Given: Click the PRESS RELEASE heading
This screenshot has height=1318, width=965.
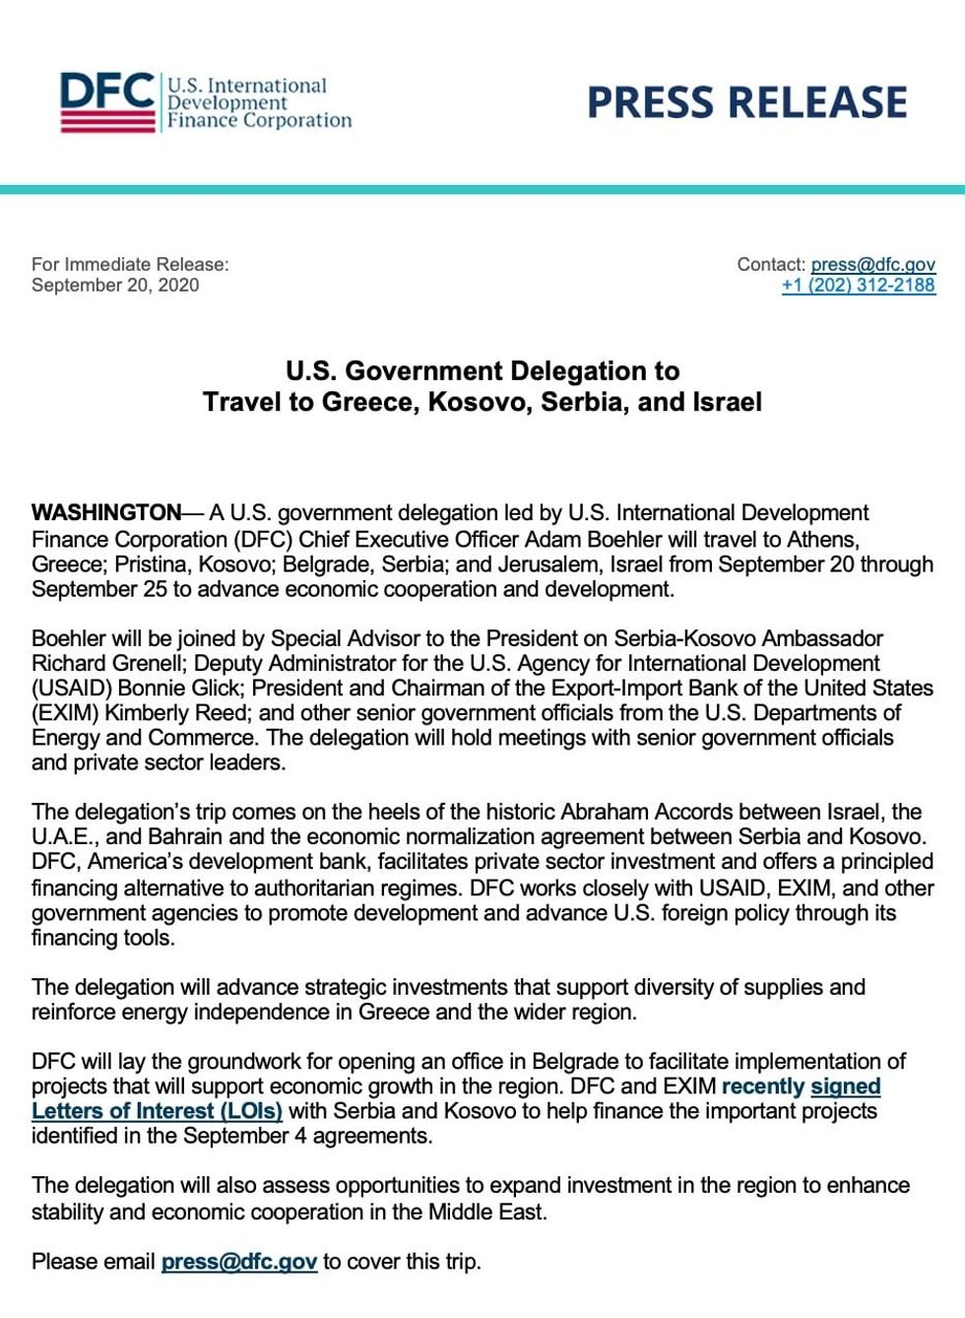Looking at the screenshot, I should (x=746, y=102).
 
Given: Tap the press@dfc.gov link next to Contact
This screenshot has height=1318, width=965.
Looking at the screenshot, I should (x=872, y=264).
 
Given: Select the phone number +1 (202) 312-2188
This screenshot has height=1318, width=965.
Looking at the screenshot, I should (x=858, y=285).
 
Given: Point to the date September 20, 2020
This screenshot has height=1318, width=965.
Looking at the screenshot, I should (x=115, y=285).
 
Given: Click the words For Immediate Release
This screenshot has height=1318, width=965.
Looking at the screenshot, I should (x=129, y=264).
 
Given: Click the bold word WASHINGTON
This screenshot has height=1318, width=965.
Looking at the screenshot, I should (x=106, y=512).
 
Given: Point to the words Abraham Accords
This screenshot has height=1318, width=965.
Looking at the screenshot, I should (x=645, y=812).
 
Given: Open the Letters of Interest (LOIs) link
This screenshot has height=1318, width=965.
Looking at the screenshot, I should (x=157, y=1111).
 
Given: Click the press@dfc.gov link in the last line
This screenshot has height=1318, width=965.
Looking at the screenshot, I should (x=238, y=1261).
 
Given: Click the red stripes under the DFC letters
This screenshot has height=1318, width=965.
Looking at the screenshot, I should (x=106, y=122).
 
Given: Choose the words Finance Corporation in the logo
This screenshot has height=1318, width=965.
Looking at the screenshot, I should (x=259, y=120).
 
